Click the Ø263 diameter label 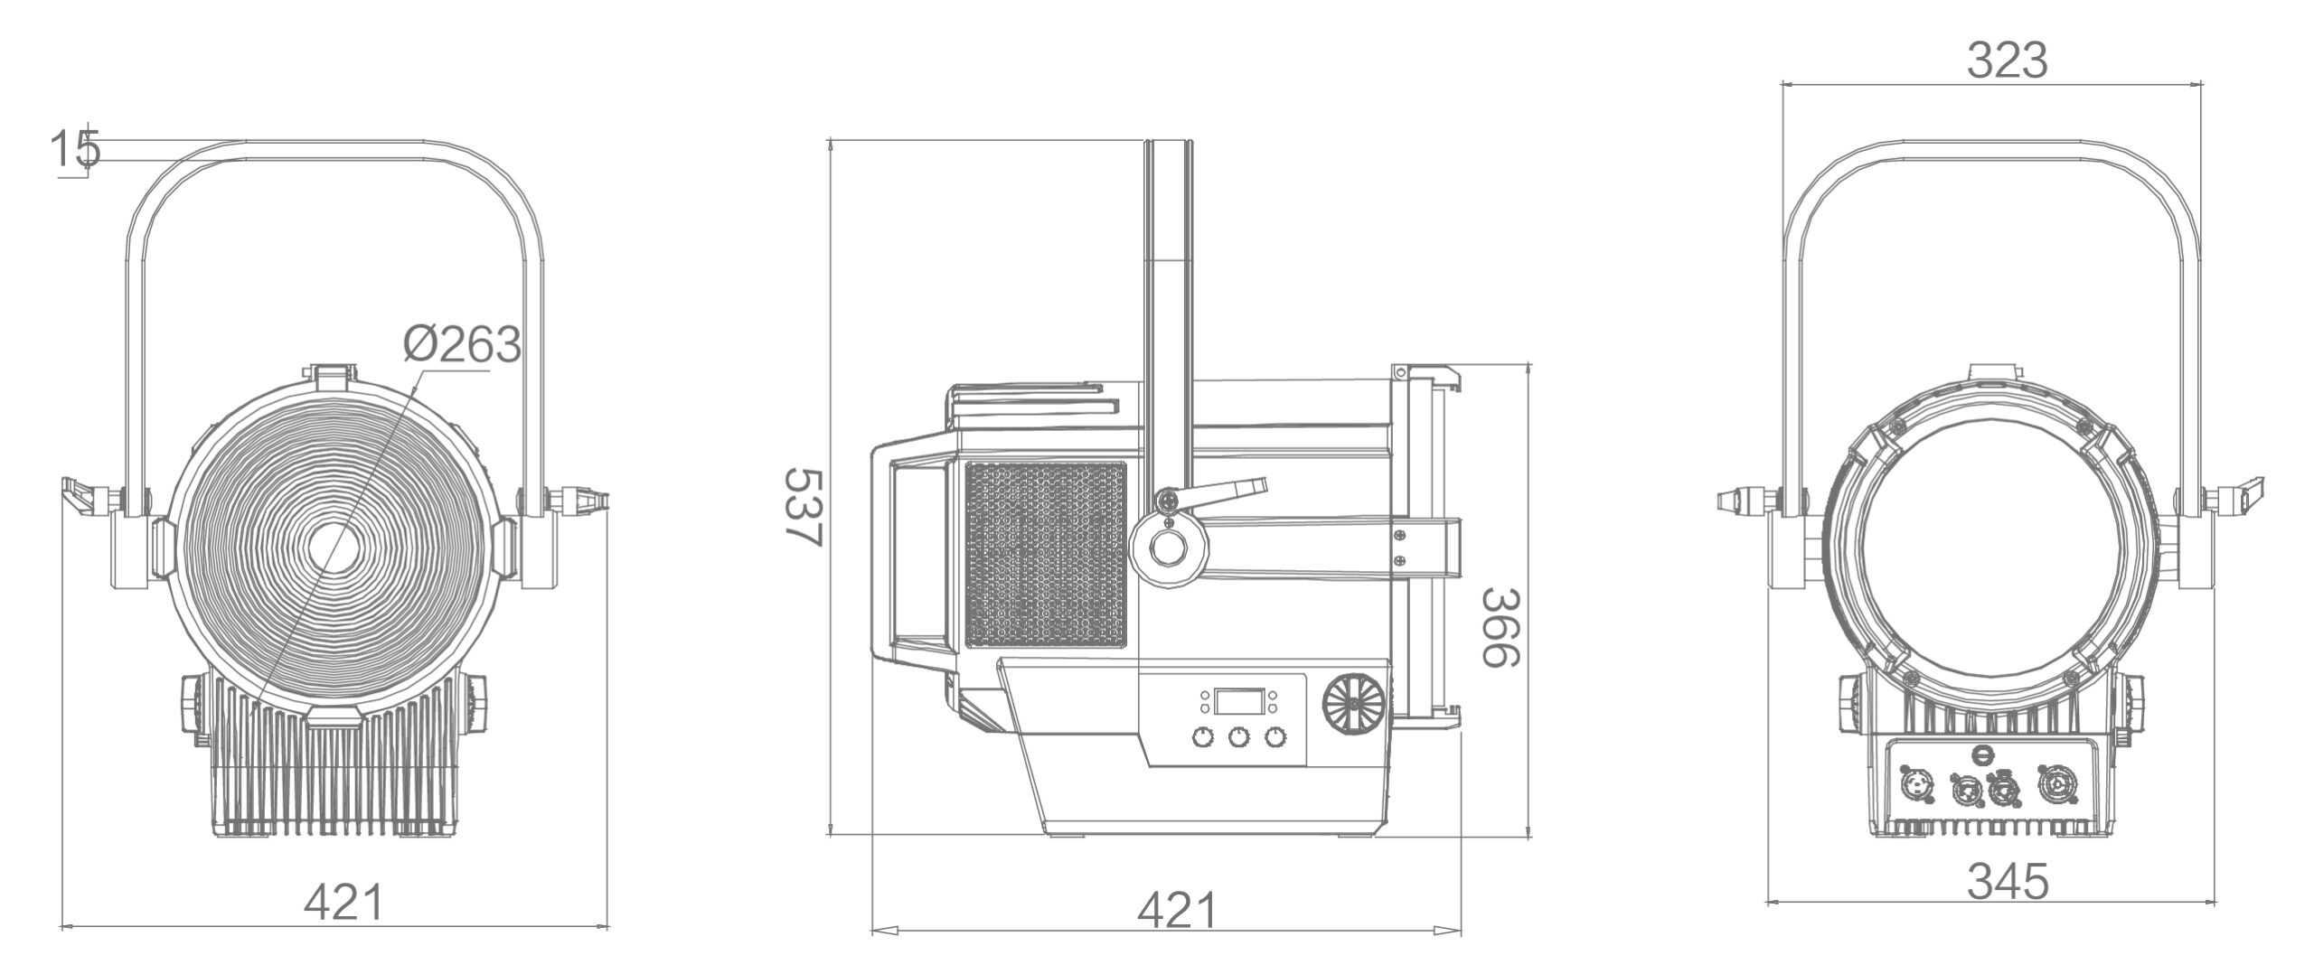pyautogui.click(x=462, y=344)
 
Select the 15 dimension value pyautogui.click(x=74, y=149)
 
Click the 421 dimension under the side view pyautogui.click(x=1177, y=911)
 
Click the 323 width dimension pyautogui.click(x=2007, y=61)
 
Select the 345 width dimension pyautogui.click(x=2008, y=882)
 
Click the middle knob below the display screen pyautogui.click(x=1238, y=738)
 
